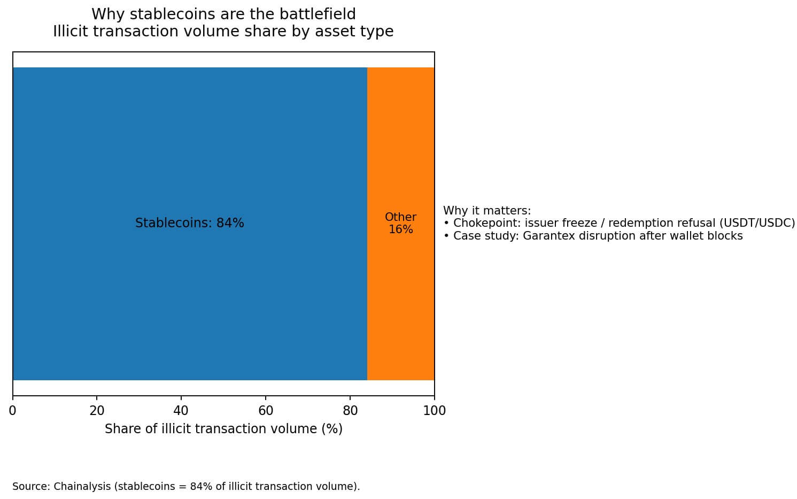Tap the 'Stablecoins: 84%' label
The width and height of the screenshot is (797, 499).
click(189, 223)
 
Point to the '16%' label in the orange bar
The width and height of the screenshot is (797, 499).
click(400, 229)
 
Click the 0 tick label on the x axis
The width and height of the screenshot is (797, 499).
click(13, 411)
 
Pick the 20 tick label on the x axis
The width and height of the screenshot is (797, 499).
click(97, 411)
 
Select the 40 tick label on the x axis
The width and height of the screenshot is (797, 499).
click(181, 411)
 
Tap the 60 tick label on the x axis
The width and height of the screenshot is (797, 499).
click(266, 411)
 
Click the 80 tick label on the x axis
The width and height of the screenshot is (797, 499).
click(350, 411)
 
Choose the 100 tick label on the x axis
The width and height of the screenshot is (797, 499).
click(434, 411)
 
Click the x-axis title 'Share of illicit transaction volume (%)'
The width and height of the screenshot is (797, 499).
click(223, 429)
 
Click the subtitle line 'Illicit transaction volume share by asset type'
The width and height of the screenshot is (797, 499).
click(223, 32)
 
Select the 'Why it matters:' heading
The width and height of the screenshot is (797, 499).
click(487, 211)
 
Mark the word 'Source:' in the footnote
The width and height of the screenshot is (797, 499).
click(31, 487)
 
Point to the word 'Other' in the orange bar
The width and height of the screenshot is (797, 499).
click(400, 217)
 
